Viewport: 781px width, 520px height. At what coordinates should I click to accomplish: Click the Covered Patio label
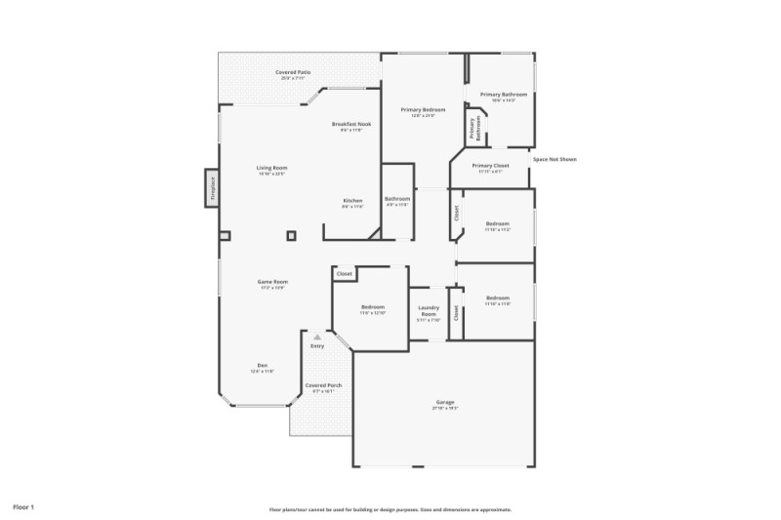click(x=293, y=73)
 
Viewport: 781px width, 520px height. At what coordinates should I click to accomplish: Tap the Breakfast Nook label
click(x=351, y=126)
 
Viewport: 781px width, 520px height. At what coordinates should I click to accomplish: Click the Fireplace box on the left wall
click(x=211, y=188)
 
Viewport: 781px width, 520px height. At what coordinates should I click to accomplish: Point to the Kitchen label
click(x=352, y=202)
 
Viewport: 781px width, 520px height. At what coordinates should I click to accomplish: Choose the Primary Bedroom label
click(x=423, y=111)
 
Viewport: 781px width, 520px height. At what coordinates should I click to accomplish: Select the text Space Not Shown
click(x=554, y=159)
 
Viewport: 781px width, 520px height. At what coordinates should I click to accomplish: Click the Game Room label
click(x=272, y=283)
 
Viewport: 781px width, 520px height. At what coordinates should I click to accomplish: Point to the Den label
click(x=262, y=367)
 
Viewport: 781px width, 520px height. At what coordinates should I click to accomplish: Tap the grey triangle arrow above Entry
click(x=316, y=337)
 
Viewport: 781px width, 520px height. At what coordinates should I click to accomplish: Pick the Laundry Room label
click(x=428, y=313)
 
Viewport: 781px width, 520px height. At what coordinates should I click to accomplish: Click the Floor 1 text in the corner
click(x=23, y=507)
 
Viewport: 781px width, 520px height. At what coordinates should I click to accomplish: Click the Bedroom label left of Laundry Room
click(x=372, y=308)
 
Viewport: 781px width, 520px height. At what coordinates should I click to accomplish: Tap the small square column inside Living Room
click(x=291, y=235)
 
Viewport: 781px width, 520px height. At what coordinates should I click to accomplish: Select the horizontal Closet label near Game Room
click(x=344, y=274)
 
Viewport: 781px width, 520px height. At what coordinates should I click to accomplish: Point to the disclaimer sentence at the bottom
click(x=390, y=509)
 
